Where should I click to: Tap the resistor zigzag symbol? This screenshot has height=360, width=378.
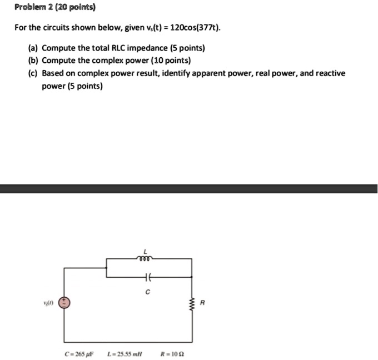[x=192, y=303]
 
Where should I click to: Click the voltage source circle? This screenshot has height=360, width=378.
[x=64, y=303]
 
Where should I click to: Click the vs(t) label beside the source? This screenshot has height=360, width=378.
[x=47, y=303]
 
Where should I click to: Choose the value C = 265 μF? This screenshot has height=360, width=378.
[x=79, y=352]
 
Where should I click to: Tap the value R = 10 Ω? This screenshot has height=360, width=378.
[x=170, y=352]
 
